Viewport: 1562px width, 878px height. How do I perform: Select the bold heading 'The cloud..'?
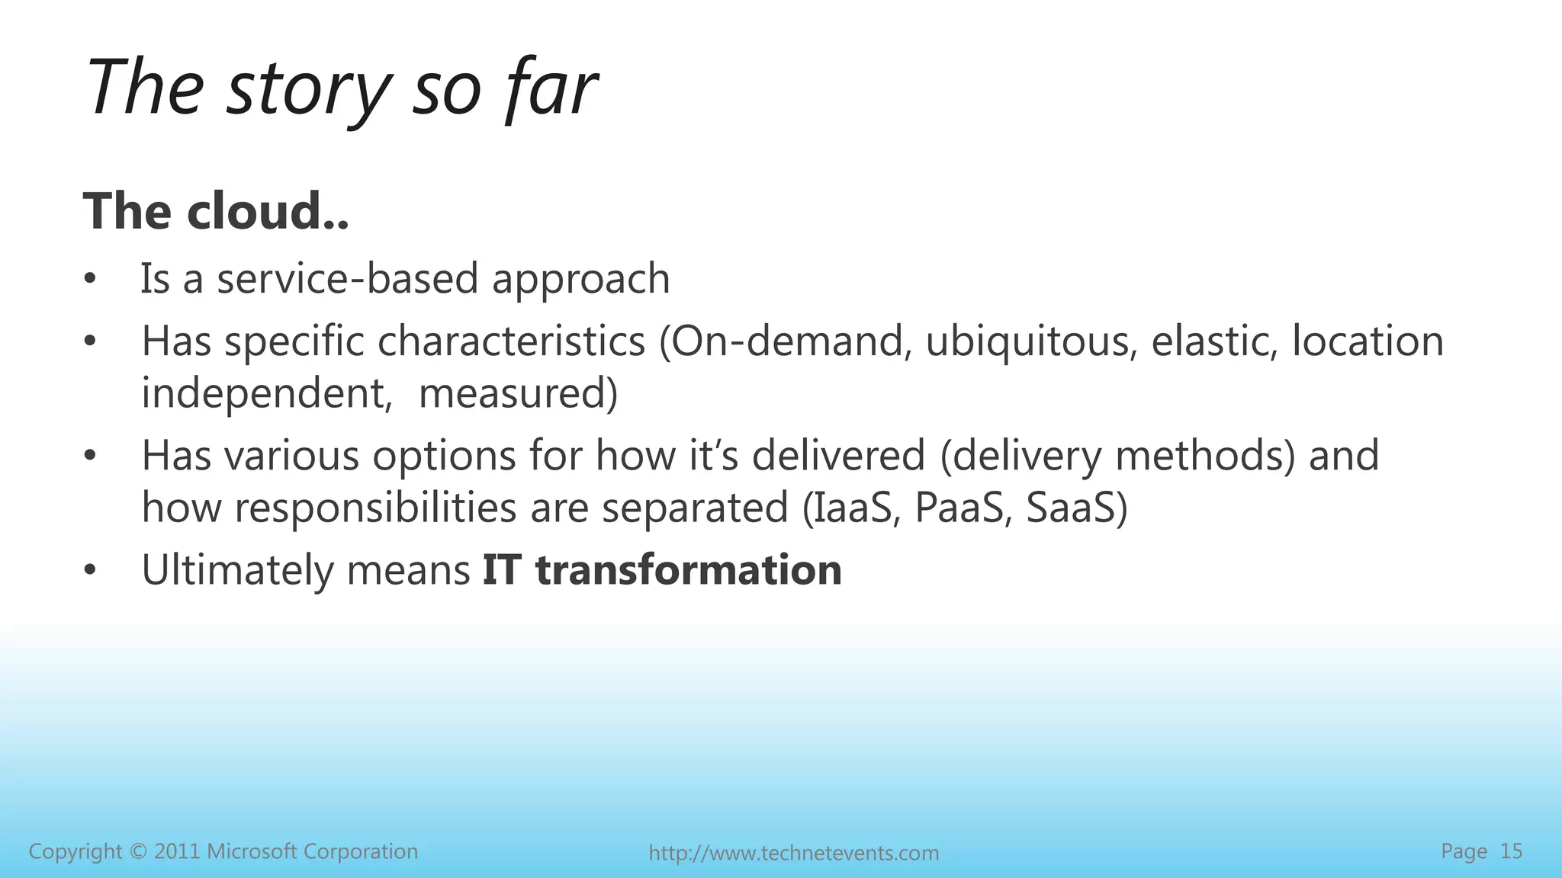[216, 211]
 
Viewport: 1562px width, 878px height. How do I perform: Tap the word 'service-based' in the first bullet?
[348, 279]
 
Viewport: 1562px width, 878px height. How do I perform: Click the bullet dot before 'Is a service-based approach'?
[91, 280]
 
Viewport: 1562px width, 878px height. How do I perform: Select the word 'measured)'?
[518, 395]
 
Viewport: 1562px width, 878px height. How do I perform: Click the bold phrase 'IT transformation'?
[662, 570]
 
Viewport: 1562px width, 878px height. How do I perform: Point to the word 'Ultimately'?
[237, 570]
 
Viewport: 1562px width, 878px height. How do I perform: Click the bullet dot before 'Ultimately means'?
[91, 571]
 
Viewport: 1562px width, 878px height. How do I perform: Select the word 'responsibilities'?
[375, 508]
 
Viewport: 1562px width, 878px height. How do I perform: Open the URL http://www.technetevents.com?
[793, 853]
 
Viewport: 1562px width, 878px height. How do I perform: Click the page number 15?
[1511, 851]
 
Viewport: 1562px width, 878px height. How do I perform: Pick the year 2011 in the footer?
[177, 851]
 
